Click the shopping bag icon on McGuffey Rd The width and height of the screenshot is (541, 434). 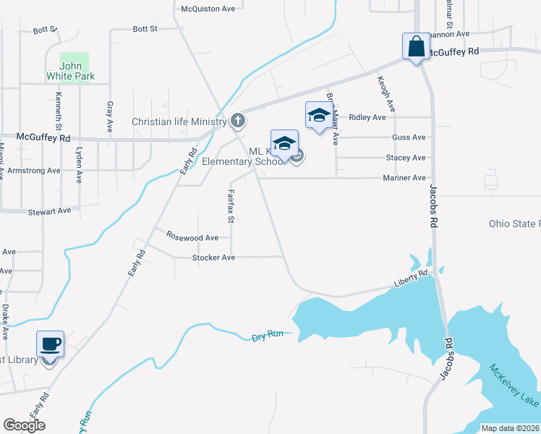click(x=416, y=47)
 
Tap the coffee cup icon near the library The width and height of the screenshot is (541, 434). click(x=50, y=345)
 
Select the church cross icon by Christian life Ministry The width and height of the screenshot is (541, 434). click(x=237, y=120)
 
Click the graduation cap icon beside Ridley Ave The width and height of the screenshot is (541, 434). click(x=319, y=116)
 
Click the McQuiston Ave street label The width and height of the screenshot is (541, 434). click(x=208, y=9)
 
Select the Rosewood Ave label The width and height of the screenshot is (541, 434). click(x=192, y=237)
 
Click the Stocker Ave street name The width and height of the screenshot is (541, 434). click(x=213, y=258)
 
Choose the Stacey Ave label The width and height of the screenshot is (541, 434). click(x=406, y=158)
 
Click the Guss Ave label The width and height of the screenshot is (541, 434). click(x=409, y=137)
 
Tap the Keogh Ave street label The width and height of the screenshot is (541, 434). click(x=386, y=95)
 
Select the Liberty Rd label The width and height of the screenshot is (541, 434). click(x=412, y=279)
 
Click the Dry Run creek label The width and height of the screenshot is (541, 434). click(x=267, y=336)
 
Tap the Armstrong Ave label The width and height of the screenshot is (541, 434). click(x=34, y=171)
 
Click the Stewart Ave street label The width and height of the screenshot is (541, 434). click(x=49, y=211)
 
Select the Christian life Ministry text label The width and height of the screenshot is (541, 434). click(x=179, y=122)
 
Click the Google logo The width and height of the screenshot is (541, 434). click(x=24, y=425)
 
